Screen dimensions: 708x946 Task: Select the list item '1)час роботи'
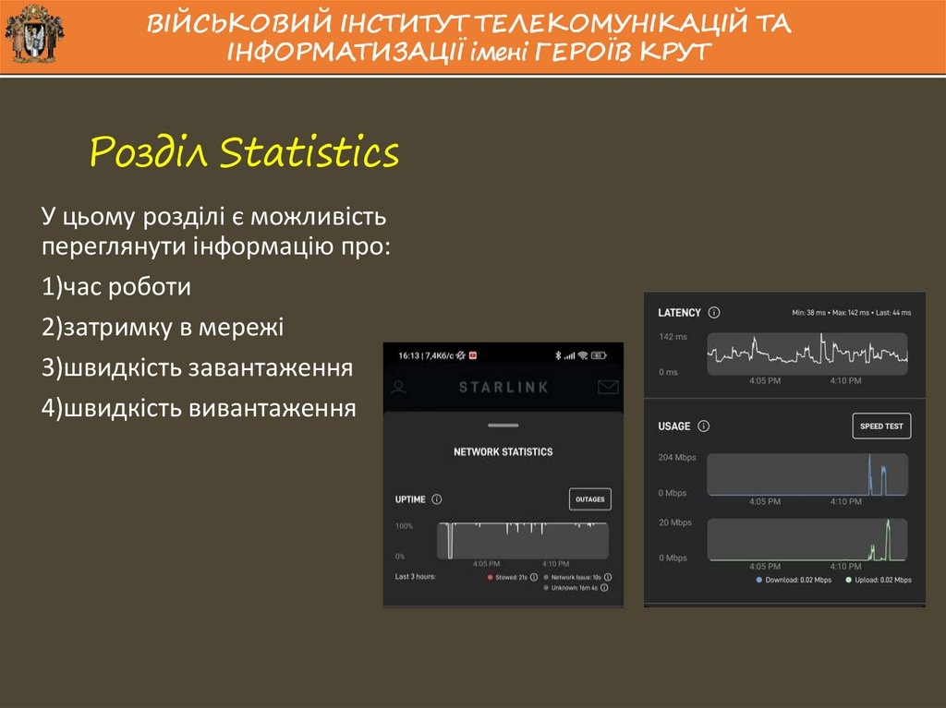pyautogui.click(x=115, y=287)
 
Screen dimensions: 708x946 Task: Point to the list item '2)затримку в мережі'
pyautogui.click(x=162, y=328)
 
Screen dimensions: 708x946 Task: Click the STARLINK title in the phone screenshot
pyautogui.click(x=503, y=387)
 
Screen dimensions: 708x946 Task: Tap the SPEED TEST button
pyautogui.click(x=880, y=426)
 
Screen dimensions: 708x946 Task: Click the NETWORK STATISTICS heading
pyautogui.click(x=503, y=452)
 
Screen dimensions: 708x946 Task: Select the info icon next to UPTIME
pyautogui.click(x=437, y=499)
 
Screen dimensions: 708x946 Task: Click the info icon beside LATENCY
pyautogui.click(x=714, y=313)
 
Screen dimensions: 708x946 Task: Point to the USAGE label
pyautogui.click(x=673, y=426)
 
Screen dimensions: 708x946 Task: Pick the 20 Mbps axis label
pyautogui.click(x=674, y=522)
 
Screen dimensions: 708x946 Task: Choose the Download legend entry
pyautogui.click(x=794, y=580)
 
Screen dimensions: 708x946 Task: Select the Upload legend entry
pyautogui.click(x=878, y=580)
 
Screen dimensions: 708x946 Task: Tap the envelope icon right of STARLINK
pyautogui.click(x=607, y=387)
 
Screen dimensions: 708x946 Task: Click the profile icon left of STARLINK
pyautogui.click(x=398, y=387)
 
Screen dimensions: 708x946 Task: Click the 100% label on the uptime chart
pyautogui.click(x=404, y=526)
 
